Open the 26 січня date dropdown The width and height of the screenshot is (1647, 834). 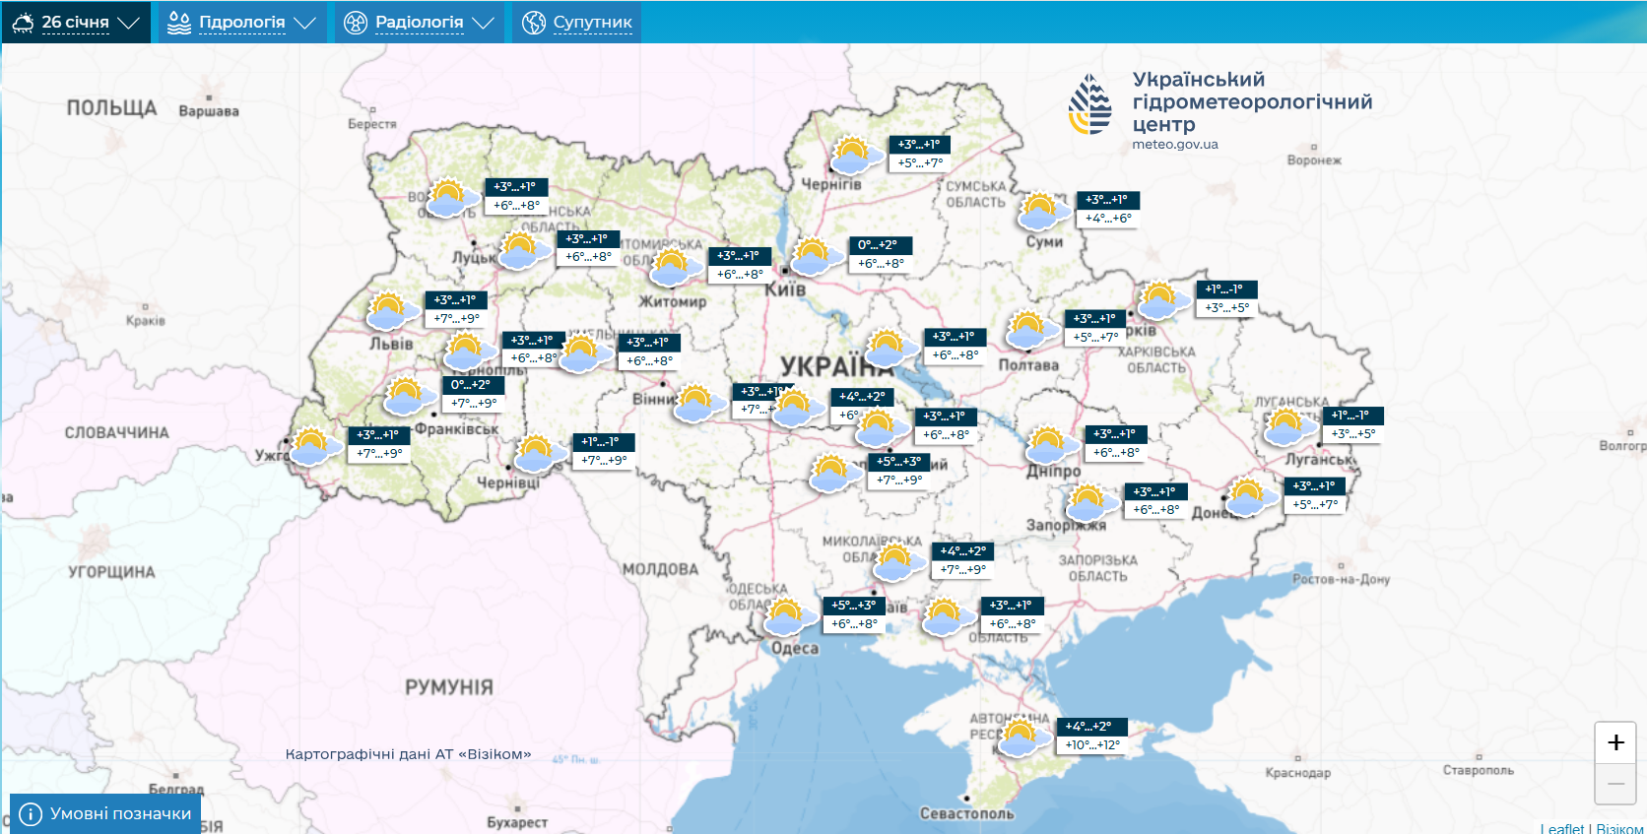76,22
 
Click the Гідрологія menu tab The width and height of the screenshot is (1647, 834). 241,22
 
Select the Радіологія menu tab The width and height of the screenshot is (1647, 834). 419,22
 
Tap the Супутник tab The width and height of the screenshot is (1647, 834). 577,22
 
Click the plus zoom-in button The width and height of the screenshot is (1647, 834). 1615,742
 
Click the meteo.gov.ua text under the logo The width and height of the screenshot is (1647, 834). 1174,144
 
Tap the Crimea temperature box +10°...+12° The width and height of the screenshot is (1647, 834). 1091,744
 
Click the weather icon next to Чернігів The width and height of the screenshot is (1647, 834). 855,156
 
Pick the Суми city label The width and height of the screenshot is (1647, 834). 1044,241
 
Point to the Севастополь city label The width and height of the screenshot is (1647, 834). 966,813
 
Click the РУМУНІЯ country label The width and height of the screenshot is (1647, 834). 449,687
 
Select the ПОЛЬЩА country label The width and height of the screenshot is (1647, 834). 111,108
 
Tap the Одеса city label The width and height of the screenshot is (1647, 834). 795,648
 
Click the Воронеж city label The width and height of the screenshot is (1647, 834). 1314,160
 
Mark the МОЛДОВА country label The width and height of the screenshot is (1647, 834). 660,569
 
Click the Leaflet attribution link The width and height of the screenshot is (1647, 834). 1561,828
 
